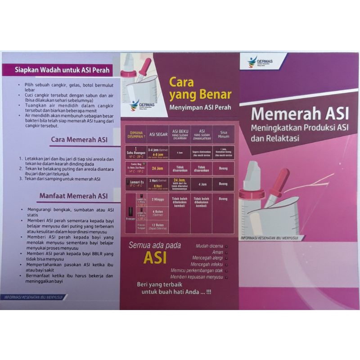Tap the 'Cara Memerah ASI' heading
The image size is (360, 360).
79,139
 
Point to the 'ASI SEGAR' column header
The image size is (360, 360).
157,133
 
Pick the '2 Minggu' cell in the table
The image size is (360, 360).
157,199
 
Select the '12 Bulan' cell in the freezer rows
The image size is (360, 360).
157,225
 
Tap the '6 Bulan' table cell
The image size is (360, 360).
157,212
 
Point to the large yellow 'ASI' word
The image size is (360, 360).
155,257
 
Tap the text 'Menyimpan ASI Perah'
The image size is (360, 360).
200,108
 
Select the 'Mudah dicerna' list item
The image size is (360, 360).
209,246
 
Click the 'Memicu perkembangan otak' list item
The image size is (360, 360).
197,270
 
